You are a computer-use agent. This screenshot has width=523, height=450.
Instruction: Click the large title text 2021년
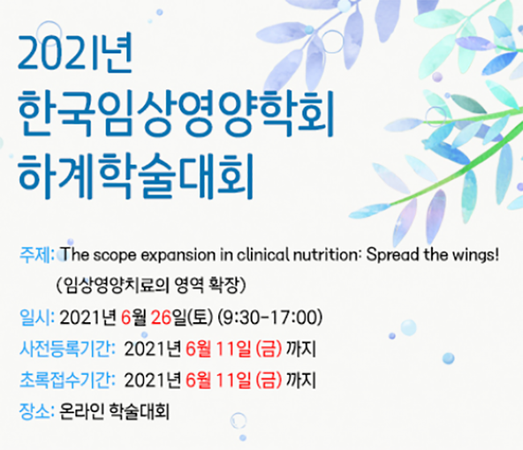[76, 52]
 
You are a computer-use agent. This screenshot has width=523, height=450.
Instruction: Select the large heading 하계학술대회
[136, 175]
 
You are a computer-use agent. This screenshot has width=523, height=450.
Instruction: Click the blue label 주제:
[37, 255]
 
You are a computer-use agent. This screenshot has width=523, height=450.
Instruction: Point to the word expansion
[179, 256]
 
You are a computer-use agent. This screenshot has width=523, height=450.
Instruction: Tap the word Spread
[393, 256]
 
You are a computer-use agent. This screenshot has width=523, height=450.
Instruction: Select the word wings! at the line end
[476, 256]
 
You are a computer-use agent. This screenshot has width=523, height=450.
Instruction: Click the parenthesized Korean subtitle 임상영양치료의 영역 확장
[151, 285]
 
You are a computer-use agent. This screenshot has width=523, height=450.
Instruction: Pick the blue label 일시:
[37, 317]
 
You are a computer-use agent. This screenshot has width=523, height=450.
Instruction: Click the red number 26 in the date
[161, 317]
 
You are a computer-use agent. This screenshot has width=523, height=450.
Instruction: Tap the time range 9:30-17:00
[270, 317]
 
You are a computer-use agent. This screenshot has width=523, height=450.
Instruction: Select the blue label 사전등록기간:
[68, 349]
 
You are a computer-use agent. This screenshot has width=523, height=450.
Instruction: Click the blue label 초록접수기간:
[68, 380]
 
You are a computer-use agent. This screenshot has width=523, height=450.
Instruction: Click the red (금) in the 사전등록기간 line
[269, 349]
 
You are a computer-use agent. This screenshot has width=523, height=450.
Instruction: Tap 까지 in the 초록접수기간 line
[301, 380]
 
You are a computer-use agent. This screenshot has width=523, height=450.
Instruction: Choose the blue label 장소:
[37, 411]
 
